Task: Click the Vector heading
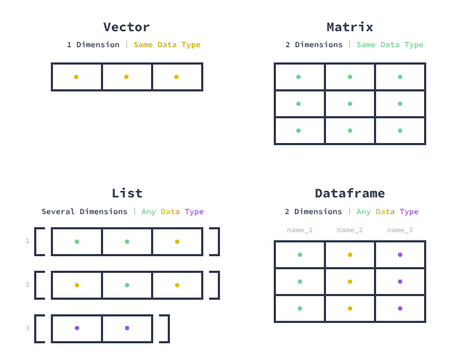coord(126,27)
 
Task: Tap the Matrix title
coord(350,27)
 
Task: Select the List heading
coord(127,193)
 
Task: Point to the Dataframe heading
coord(350,193)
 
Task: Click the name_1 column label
coord(300,230)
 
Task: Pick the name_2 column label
coord(350,230)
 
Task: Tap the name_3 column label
coord(400,230)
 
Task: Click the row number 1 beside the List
coord(28,241)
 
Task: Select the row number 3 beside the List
coord(28,328)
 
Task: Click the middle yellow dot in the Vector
coord(126,77)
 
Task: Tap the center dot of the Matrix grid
coord(350,104)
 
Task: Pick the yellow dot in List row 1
coord(177,242)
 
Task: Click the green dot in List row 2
coord(127,285)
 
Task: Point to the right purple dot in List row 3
coord(127,328)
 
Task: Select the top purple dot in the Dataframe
coord(400,255)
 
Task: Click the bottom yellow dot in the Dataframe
coord(350,308)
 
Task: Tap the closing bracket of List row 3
coord(168,329)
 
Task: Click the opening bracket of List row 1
coord(36,242)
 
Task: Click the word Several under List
coord(58,212)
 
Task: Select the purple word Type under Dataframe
coord(409,212)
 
